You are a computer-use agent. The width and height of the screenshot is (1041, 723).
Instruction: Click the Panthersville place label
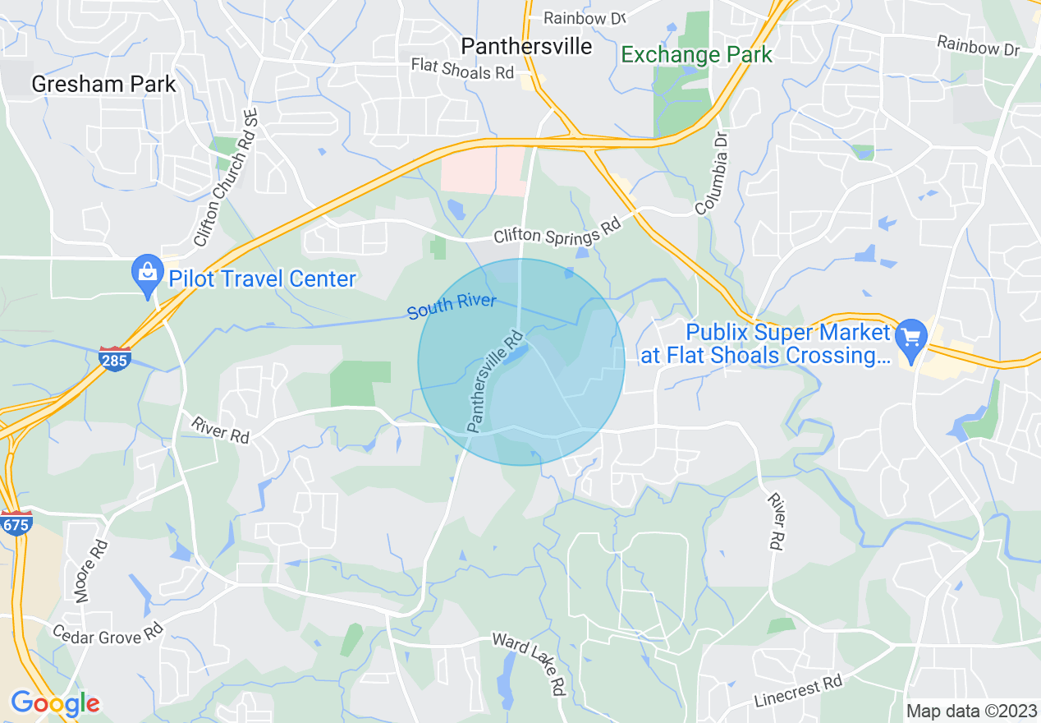tap(526, 46)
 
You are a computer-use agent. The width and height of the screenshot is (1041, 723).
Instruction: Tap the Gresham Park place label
tap(103, 84)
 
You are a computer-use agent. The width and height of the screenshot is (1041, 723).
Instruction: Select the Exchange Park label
tap(696, 55)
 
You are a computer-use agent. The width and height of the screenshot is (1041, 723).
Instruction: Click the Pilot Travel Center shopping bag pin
tap(147, 273)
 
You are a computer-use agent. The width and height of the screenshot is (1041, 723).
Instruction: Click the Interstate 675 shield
tap(16, 523)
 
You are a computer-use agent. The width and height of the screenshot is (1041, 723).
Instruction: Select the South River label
tap(452, 306)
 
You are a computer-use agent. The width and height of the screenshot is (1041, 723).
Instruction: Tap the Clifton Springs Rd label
tap(557, 235)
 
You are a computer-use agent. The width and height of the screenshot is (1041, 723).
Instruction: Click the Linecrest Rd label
tap(798, 692)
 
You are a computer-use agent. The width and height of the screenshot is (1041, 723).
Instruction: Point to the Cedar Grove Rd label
tap(108, 633)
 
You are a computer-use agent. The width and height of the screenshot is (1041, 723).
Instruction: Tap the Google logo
tap(54, 703)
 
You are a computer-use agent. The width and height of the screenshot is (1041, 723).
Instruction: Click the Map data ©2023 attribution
tap(970, 711)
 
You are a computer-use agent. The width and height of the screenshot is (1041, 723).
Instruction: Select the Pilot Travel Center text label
tap(262, 279)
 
